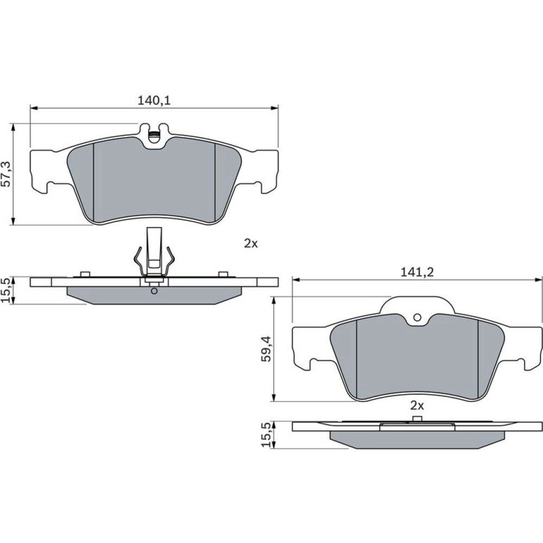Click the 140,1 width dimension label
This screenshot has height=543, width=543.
154,100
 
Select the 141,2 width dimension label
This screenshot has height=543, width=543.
417,273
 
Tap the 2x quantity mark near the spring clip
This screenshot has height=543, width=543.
251,244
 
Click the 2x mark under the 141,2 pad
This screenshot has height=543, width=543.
417,406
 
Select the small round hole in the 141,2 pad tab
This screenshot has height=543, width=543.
417,317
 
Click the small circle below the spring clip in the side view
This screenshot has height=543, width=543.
154,291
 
